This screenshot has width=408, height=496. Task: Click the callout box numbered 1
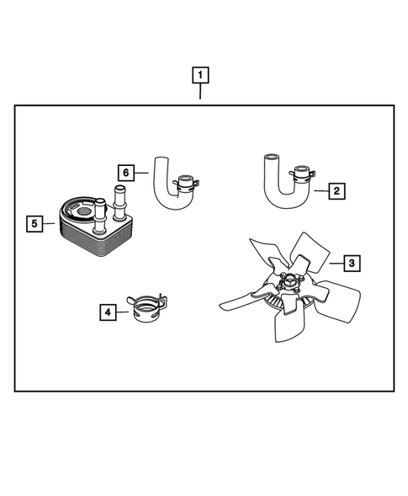click(200, 76)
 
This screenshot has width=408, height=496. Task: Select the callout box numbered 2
click(336, 191)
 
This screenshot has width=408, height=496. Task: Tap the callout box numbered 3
click(352, 263)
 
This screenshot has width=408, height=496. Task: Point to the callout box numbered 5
click(33, 223)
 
